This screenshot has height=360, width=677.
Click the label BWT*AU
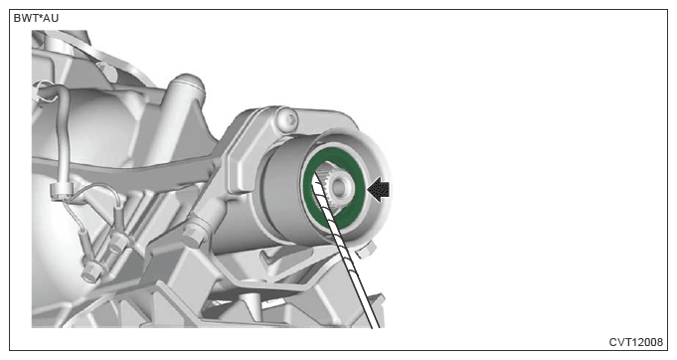[36, 18]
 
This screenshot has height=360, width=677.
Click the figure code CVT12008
[635, 342]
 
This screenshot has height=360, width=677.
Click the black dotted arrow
[378, 190]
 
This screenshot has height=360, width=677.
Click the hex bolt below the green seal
[365, 250]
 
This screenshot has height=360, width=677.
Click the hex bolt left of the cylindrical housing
[194, 233]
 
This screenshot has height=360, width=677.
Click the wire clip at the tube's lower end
[60, 192]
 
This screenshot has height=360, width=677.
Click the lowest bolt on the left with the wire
[89, 271]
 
